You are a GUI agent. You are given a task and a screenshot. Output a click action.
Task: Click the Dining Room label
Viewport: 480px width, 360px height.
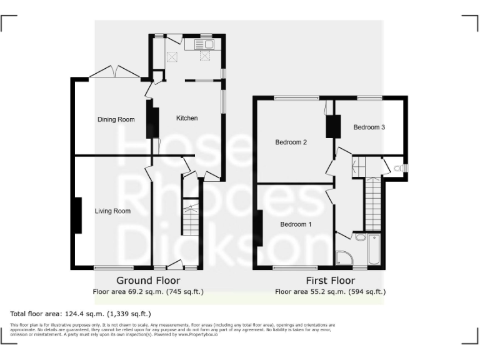point(116,119)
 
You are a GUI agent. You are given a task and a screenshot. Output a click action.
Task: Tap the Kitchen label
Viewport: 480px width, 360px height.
point(187,118)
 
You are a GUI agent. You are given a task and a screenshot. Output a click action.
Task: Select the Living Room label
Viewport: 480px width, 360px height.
point(112,211)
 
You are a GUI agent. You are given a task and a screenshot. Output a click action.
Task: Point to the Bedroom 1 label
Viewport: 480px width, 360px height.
point(296,224)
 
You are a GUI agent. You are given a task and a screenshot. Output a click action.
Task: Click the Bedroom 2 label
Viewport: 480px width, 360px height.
point(291,142)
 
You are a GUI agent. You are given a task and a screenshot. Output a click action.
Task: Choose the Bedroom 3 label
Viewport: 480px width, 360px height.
point(369,127)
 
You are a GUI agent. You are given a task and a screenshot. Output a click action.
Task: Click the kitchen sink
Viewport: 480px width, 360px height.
point(204,44)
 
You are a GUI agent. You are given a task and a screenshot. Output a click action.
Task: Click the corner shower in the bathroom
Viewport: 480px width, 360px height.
point(344,257)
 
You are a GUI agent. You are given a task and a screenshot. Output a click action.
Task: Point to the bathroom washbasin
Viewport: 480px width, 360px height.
point(360,237)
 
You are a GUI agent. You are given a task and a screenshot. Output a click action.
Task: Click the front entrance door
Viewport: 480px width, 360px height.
point(176,264)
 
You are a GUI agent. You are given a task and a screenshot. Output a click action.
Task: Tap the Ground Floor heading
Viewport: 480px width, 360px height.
point(148,281)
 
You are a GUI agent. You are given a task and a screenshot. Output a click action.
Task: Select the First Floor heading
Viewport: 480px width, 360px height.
point(330,281)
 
